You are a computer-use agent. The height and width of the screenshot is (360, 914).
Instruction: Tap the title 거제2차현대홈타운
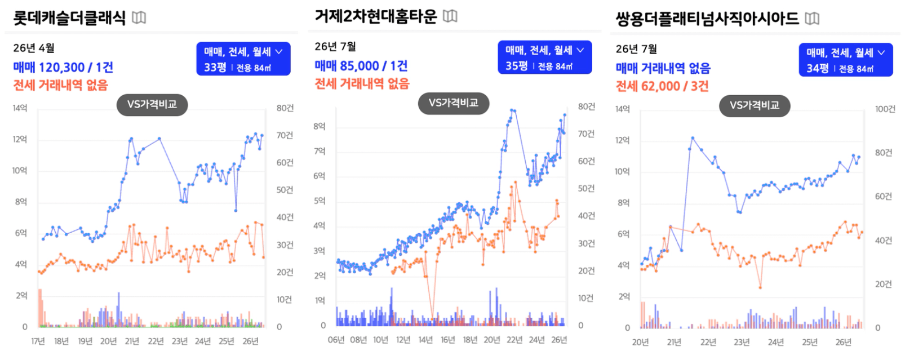376,17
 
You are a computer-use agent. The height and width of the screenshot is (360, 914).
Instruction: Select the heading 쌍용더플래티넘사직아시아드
707,19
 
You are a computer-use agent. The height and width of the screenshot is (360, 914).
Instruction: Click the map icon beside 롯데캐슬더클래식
139,18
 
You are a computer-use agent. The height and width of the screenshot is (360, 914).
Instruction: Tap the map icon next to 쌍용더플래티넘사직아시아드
812,19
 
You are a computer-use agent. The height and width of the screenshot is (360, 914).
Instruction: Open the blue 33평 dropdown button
243,59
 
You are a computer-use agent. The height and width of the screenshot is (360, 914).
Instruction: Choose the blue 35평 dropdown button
545,57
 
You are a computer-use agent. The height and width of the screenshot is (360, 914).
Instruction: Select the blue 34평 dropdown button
846,60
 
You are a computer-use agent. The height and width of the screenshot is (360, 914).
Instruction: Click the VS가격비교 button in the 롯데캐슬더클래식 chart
152,105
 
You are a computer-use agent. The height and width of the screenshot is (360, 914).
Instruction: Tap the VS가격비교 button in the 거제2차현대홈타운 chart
453,103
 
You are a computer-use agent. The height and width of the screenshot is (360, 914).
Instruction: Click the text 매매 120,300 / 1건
63,68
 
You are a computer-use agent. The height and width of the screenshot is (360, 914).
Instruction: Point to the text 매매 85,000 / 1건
361,66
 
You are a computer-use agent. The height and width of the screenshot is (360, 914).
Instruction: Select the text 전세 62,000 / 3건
662,86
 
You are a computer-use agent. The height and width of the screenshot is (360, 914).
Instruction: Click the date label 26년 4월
34,48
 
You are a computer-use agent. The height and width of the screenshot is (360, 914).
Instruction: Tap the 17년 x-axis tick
38,341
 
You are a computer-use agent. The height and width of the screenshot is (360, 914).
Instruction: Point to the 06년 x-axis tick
336,340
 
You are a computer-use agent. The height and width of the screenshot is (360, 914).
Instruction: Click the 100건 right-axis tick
885,109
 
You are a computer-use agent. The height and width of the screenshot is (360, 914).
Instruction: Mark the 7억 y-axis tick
320,152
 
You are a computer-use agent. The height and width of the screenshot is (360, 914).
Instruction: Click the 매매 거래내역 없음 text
663,68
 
